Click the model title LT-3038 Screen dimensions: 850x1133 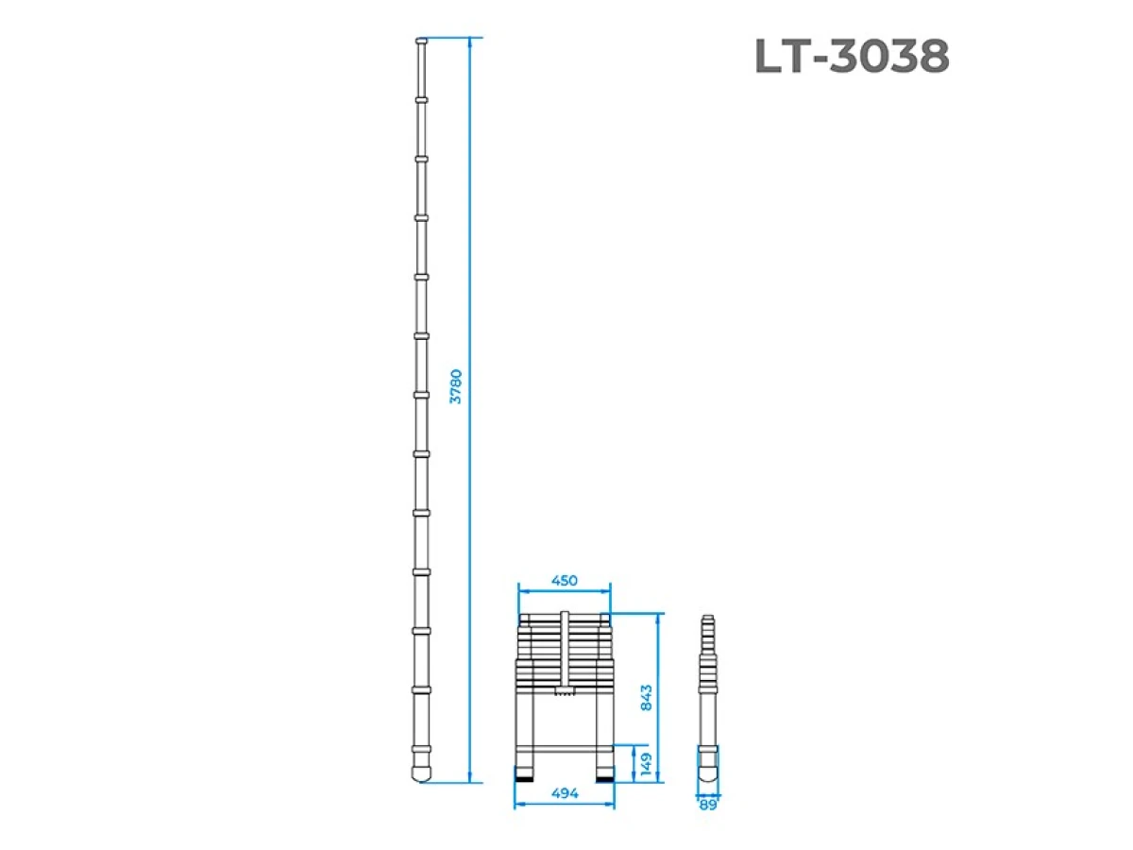coord(852,58)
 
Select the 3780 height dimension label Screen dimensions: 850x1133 coord(457,386)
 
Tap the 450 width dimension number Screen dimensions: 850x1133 coord(564,581)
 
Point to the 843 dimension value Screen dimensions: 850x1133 coord(647,699)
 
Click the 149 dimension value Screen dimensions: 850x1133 coord(647,761)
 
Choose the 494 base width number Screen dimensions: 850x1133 coord(564,795)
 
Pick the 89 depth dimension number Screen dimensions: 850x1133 coord(708,805)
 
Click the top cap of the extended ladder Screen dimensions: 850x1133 coord(421,42)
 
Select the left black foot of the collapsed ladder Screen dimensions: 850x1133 coord(523,776)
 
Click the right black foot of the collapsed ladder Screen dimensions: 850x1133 coord(604,776)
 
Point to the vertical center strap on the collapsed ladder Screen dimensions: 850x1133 coord(564,652)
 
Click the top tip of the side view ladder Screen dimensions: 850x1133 coord(708,620)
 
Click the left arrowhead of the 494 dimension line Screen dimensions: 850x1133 coord(517,806)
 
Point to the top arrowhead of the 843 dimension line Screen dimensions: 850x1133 coord(658,616)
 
